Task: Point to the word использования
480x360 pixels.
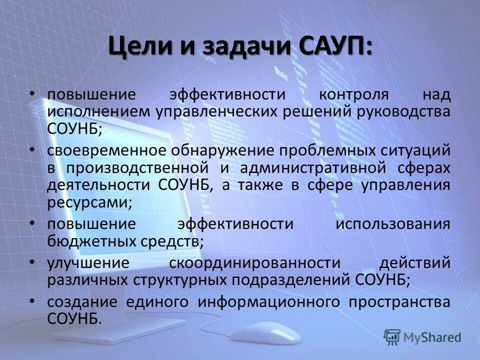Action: point(392,223)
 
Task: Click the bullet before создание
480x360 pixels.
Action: point(32,300)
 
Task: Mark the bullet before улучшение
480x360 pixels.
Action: point(32,261)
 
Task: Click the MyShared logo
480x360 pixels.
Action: point(422,337)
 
